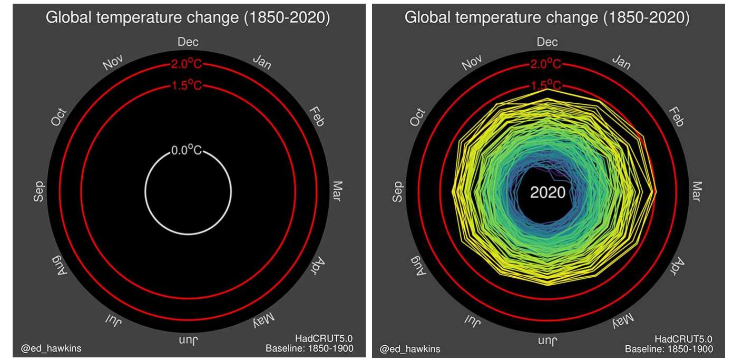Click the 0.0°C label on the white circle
click(187, 151)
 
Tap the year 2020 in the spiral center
click(547, 192)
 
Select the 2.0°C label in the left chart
click(186, 65)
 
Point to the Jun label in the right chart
click(546, 341)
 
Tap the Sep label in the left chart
click(38, 191)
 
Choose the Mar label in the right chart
click(697, 191)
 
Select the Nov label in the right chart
click(472, 62)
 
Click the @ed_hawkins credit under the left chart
click(51, 348)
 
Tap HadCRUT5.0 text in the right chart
click(683, 339)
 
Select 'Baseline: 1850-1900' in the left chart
click(309, 348)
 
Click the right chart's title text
click(546, 17)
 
